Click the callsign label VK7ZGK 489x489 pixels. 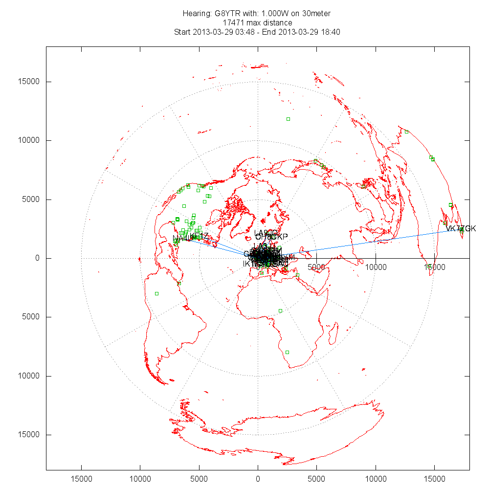(461, 228)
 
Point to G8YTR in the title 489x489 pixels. (227, 13)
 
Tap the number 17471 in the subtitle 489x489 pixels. (233, 22)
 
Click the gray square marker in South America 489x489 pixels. (156, 293)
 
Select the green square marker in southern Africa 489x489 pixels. (287, 352)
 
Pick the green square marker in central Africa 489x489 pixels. (280, 311)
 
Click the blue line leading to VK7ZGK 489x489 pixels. (372, 243)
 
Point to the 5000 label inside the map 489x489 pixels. (317, 267)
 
